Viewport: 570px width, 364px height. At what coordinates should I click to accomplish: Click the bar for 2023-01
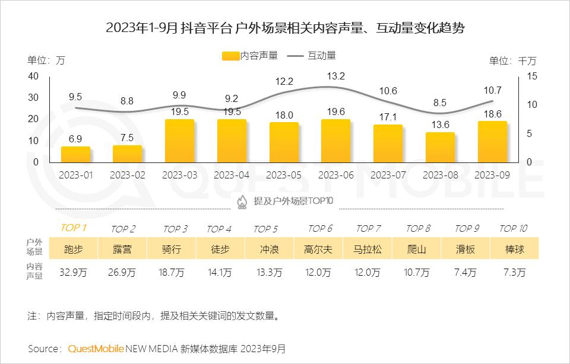(x=75, y=155)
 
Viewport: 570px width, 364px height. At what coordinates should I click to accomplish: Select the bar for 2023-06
(x=335, y=141)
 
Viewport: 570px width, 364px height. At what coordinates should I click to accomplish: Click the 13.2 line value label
(x=336, y=76)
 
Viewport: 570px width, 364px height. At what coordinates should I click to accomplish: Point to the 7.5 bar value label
(x=128, y=137)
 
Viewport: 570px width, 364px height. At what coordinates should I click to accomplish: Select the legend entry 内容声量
(x=250, y=56)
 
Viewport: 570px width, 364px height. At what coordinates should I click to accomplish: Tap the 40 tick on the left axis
(x=33, y=76)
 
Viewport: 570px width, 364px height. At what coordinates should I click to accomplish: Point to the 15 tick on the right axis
(x=531, y=76)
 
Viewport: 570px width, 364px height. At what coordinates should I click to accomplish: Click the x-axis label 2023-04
(x=232, y=175)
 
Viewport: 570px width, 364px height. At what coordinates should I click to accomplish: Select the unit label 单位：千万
(x=512, y=60)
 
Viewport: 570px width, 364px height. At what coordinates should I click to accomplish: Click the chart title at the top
(x=285, y=28)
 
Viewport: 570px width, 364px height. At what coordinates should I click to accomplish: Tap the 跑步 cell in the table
(x=73, y=249)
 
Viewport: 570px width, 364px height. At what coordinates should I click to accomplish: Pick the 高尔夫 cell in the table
(x=318, y=249)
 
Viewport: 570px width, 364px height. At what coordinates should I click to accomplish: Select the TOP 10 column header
(x=513, y=228)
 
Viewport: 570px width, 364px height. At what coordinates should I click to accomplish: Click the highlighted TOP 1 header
(x=74, y=228)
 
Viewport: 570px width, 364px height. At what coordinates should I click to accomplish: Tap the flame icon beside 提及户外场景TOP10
(x=242, y=202)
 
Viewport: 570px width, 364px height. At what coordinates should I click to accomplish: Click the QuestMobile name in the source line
(x=96, y=349)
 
